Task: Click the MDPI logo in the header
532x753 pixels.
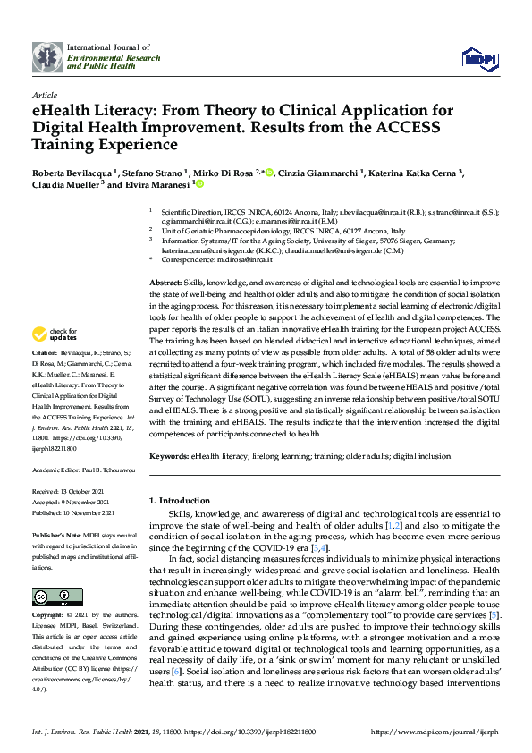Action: (x=478, y=59)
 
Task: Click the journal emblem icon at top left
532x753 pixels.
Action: (x=47, y=56)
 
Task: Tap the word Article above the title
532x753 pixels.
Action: (x=44, y=94)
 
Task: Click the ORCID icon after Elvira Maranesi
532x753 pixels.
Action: (x=200, y=185)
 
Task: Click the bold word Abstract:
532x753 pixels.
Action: (x=165, y=283)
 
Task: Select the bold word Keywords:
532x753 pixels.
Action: (x=168, y=456)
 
